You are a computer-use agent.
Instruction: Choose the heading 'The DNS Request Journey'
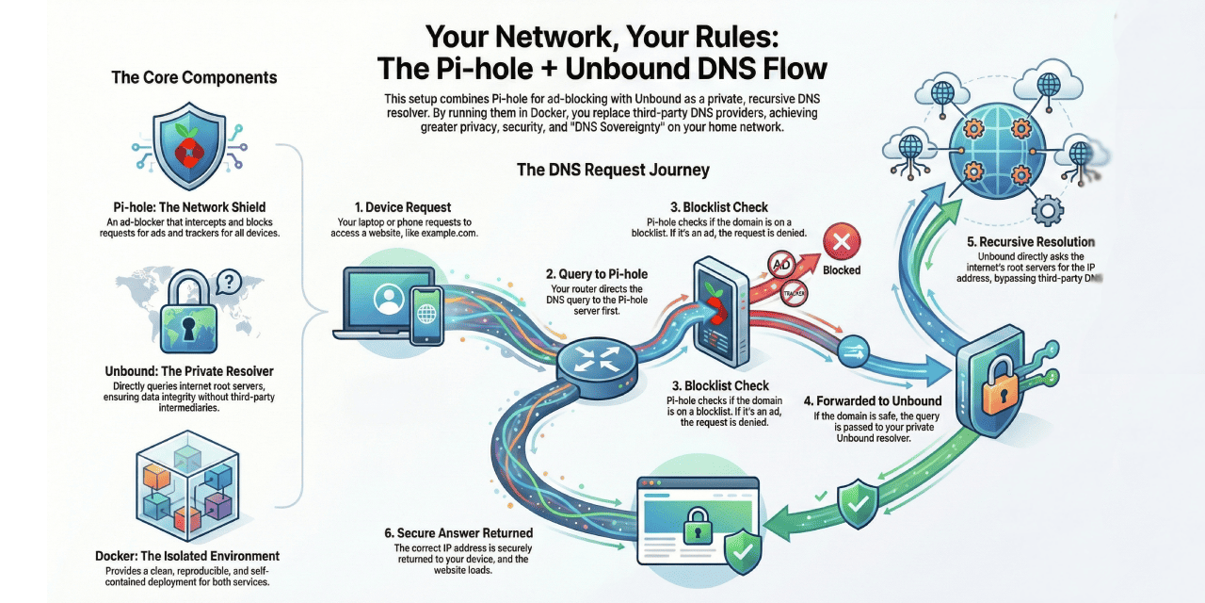[x=613, y=171]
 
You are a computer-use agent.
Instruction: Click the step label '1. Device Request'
[x=403, y=207]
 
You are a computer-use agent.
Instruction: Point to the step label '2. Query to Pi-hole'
[x=597, y=274]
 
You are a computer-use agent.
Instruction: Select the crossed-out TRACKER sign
[x=795, y=294]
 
